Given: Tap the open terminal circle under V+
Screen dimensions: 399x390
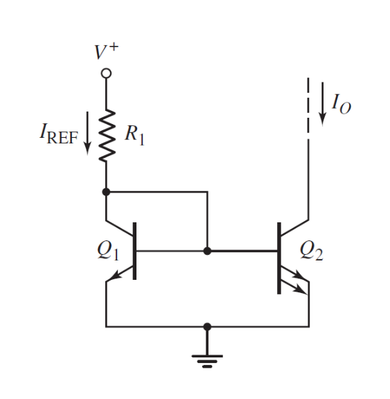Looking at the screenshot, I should pos(106,72).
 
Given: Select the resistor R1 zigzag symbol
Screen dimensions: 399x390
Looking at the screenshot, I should pos(106,136).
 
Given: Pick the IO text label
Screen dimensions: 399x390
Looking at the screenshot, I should pos(341,104).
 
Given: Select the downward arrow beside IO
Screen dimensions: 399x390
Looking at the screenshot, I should pos(322,104).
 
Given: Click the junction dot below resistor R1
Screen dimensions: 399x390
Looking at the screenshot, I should pos(106,191).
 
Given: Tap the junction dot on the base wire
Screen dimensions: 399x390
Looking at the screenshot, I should pos(206,251).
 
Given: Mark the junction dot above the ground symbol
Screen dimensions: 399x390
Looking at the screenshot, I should pos(206,326).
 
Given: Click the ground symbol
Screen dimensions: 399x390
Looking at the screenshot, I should pos(206,359).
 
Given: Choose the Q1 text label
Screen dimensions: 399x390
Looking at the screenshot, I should pos(108,251).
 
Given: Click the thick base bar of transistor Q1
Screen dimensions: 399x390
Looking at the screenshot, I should pos(134,251).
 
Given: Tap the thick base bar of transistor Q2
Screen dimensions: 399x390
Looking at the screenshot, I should pos(278,256).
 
